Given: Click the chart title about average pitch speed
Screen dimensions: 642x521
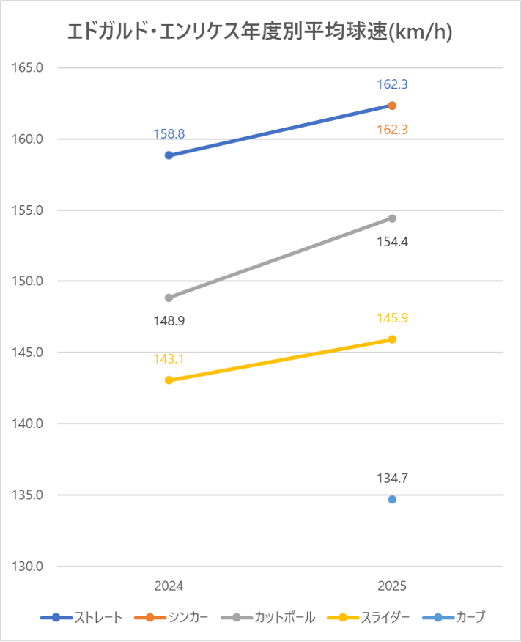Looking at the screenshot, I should [x=259, y=32].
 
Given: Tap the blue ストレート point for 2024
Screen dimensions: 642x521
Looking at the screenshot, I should [x=169, y=155].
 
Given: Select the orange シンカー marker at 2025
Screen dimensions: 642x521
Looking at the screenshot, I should [x=392, y=106].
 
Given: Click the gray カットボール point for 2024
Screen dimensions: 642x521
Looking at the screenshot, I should [x=169, y=298].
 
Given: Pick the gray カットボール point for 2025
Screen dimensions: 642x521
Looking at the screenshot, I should [x=392, y=218].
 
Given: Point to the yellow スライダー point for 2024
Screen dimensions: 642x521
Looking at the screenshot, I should [x=169, y=380].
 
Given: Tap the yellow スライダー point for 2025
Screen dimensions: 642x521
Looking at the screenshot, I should [x=392, y=339].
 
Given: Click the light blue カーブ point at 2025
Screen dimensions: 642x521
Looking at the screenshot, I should [x=392, y=500].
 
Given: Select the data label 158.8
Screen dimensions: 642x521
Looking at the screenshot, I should [x=169, y=134].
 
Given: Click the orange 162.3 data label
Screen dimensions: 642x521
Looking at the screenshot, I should [x=392, y=130].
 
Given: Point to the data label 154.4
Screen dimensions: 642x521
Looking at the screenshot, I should [x=392, y=241].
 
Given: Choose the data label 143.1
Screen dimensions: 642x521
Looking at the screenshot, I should [x=169, y=359].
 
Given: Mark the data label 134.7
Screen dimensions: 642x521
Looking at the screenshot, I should [x=392, y=479].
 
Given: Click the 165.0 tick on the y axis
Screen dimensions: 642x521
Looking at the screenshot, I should [x=29, y=67].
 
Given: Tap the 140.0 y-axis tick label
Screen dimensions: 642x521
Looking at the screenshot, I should [x=29, y=424].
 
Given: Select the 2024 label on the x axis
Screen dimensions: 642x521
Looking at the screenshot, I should [x=169, y=586].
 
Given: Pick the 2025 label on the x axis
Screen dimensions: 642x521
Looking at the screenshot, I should [x=392, y=586].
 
